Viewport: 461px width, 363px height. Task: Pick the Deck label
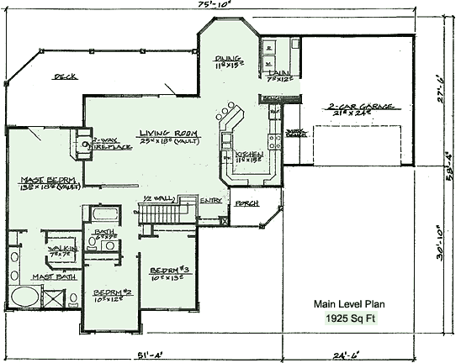pos(66,76)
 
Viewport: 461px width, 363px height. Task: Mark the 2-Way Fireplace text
pos(103,145)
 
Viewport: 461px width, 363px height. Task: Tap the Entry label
pos(211,201)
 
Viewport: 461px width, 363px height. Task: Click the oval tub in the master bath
pos(24,298)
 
